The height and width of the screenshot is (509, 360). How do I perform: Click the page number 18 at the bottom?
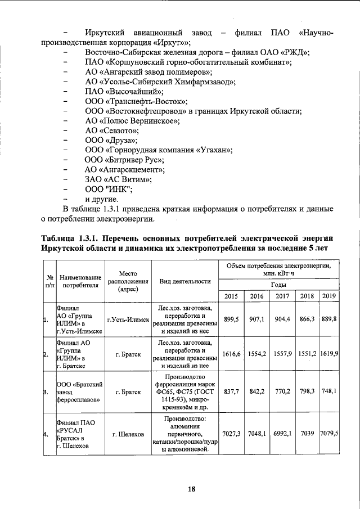coord(191,489)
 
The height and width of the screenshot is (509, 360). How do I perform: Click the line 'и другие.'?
coord(101,199)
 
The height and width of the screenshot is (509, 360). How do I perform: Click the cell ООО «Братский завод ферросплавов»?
coord(79,392)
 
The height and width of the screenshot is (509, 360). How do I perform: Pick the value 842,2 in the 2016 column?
coord(256,392)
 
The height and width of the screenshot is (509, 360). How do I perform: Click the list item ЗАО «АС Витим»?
coord(118,179)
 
